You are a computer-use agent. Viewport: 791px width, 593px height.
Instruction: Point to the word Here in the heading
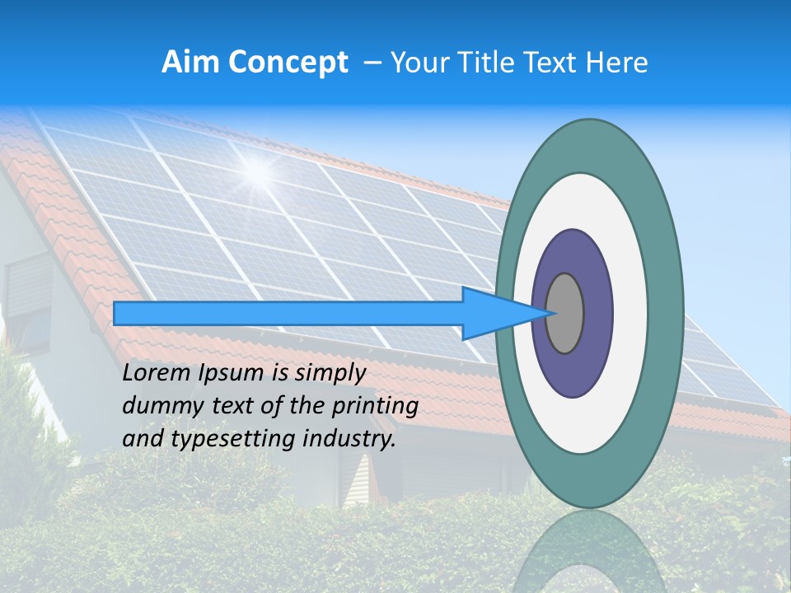pos(617,63)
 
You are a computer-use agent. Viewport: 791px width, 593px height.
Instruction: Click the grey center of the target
pos(565,314)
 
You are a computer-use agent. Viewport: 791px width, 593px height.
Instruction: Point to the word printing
pos(375,407)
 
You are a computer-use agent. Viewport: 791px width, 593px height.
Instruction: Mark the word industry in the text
pos(349,440)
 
